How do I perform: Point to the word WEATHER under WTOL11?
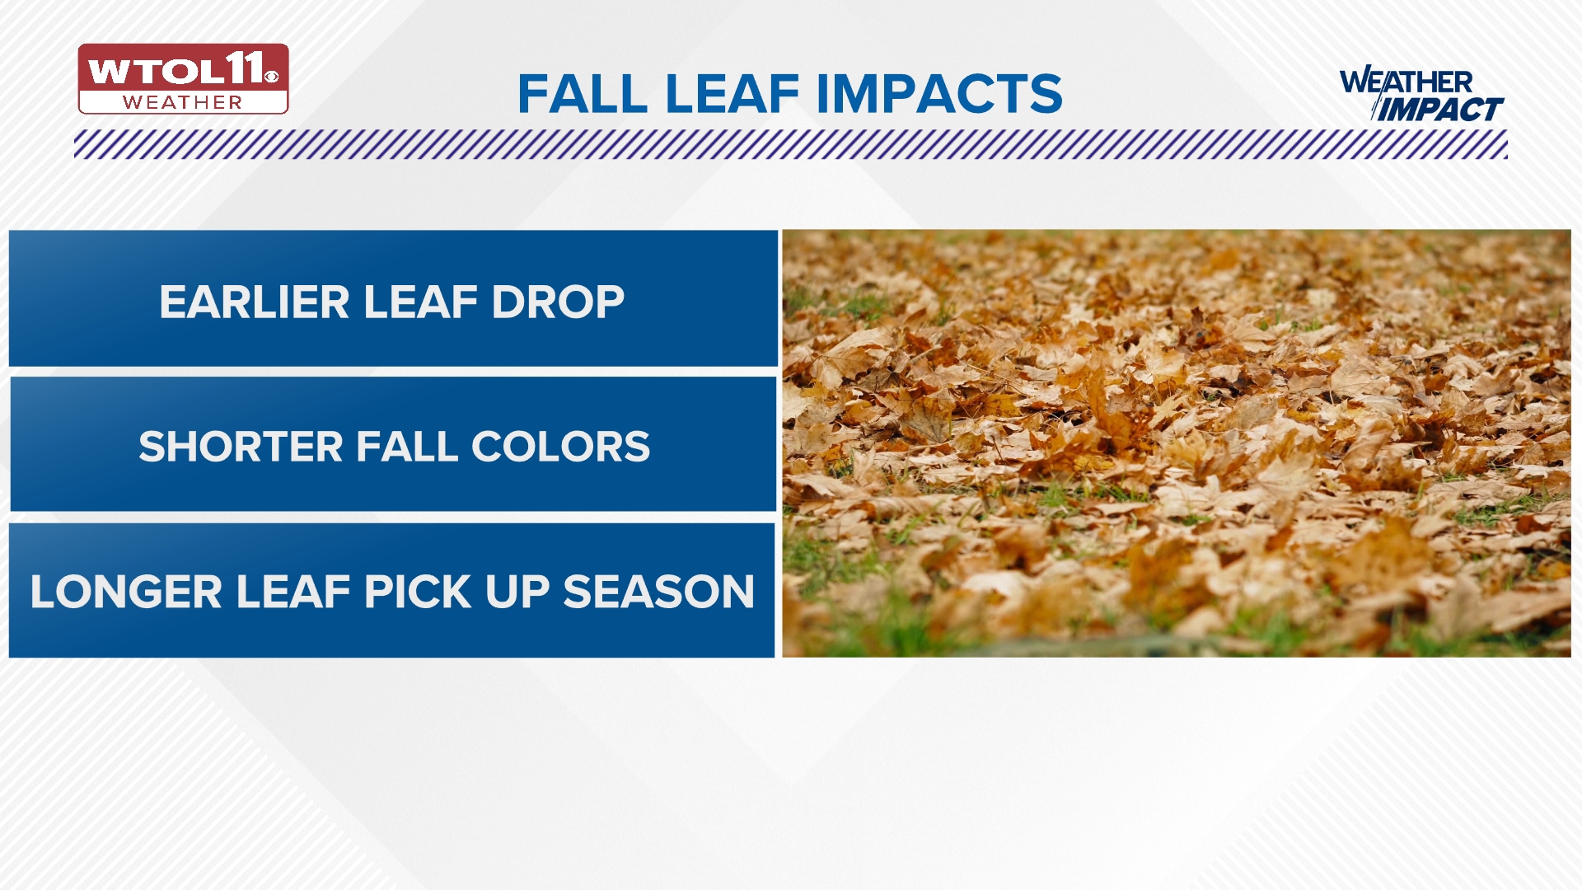(x=183, y=102)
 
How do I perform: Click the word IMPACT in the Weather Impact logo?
(x=1441, y=109)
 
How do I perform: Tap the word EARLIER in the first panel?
(x=255, y=302)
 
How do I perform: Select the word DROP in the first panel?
(x=558, y=302)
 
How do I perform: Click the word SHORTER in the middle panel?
(x=241, y=447)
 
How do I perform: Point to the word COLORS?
(x=560, y=447)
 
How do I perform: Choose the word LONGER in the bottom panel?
(x=126, y=592)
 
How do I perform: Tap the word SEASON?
(x=658, y=592)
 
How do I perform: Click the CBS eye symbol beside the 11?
(x=272, y=77)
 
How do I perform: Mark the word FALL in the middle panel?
(x=407, y=447)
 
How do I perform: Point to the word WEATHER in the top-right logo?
(x=1406, y=82)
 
